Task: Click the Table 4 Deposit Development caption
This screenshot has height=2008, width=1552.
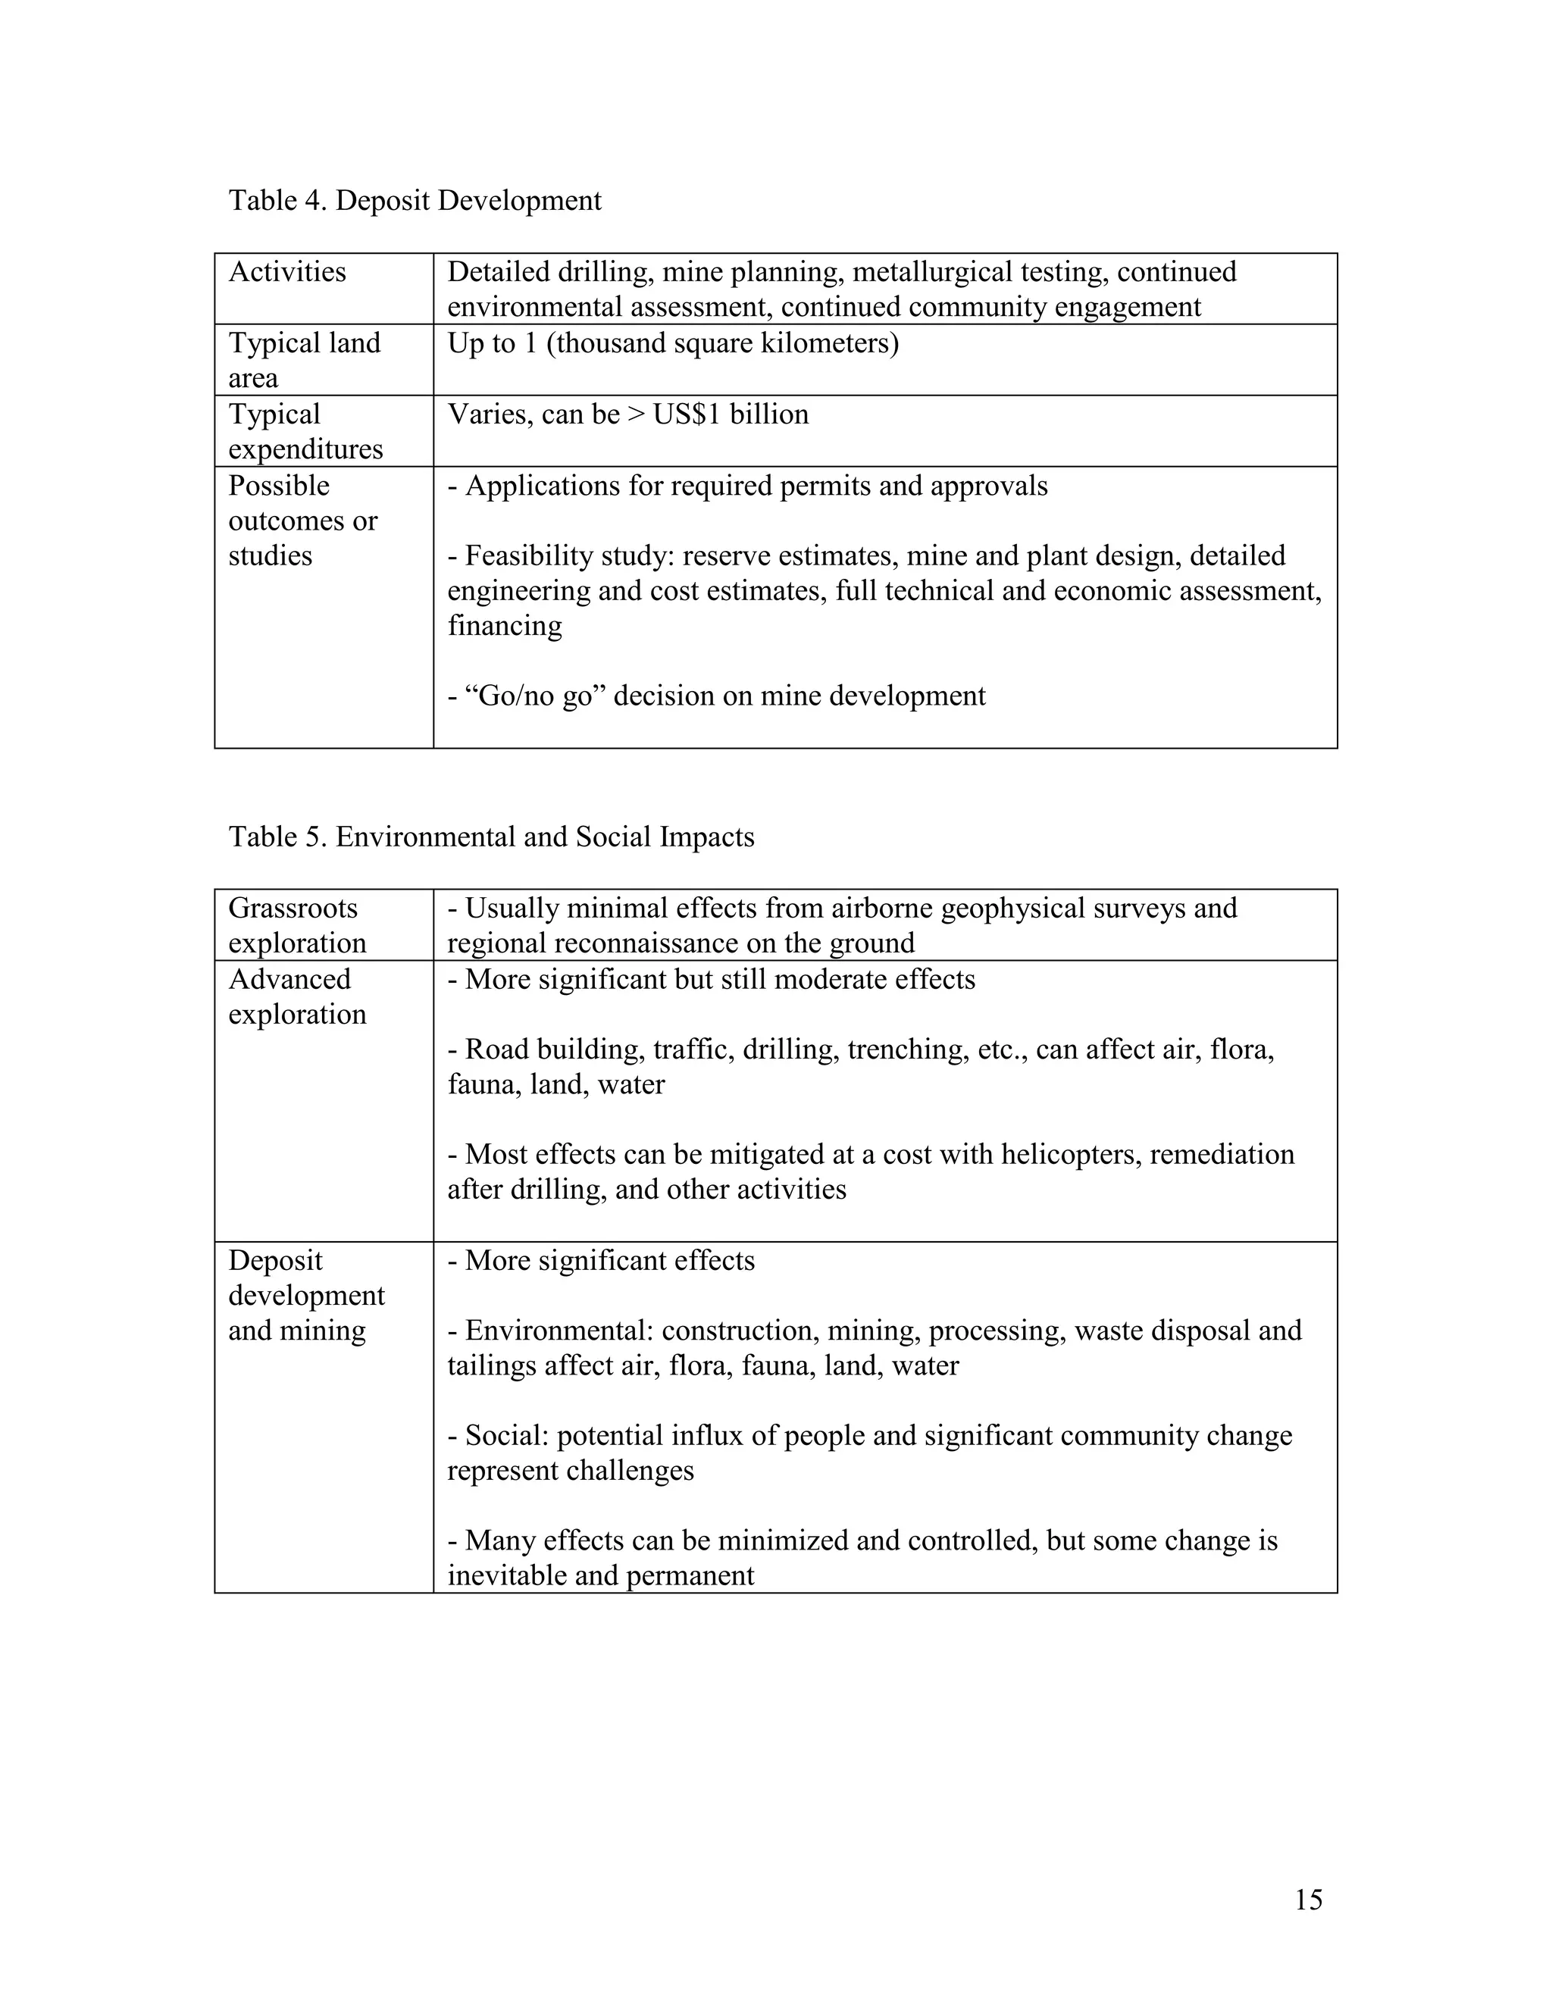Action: (x=415, y=201)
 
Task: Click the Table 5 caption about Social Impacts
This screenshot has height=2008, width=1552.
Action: (x=491, y=837)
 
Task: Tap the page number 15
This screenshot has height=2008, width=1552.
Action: (x=1308, y=1900)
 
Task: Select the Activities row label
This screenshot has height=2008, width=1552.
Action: (x=287, y=272)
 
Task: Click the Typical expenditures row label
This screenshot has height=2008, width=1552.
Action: (x=305, y=431)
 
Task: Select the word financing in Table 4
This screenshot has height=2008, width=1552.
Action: (x=505, y=626)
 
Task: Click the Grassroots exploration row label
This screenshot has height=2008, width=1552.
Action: (x=296, y=925)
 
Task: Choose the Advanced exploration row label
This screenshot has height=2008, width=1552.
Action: (x=296, y=996)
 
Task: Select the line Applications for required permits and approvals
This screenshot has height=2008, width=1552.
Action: (x=746, y=486)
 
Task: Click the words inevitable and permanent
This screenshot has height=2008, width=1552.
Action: (x=600, y=1575)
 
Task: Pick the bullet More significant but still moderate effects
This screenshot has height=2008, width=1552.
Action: (x=711, y=979)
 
